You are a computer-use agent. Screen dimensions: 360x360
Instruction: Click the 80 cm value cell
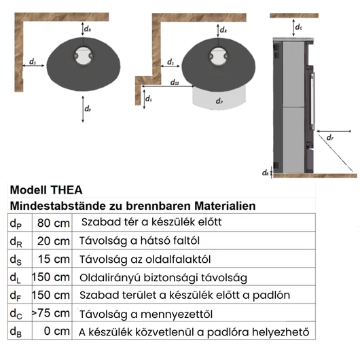(x=54, y=223)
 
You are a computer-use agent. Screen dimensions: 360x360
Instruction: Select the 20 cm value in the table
(x=54, y=241)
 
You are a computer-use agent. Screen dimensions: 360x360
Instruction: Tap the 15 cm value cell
(x=54, y=259)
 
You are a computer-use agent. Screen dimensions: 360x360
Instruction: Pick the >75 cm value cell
(x=51, y=313)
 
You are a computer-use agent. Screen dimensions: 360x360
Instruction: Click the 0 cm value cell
(x=57, y=331)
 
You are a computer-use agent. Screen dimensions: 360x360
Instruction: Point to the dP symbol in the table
(x=16, y=223)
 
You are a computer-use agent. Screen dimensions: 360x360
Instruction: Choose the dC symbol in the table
(x=16, y=314)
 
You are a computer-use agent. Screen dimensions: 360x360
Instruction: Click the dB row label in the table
(x=16, y=332)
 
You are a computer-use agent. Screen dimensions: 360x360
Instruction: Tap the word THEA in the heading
(x=67, y=190)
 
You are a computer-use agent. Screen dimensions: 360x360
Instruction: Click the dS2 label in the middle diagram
(x=175, y=82)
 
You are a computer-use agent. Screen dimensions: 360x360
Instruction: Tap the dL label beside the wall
(x=149, y=98)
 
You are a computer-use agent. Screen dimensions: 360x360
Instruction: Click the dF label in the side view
(x=330, y=137)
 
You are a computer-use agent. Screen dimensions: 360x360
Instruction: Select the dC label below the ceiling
(x=299, y=27)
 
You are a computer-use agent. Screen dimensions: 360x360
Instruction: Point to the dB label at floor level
(x=265, y=173)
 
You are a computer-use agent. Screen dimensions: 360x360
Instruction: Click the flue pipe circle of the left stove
(x=84, y=56)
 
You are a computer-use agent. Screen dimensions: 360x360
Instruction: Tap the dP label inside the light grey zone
(x=219, y=101)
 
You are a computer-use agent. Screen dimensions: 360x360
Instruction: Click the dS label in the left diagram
(x=33, y=62)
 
